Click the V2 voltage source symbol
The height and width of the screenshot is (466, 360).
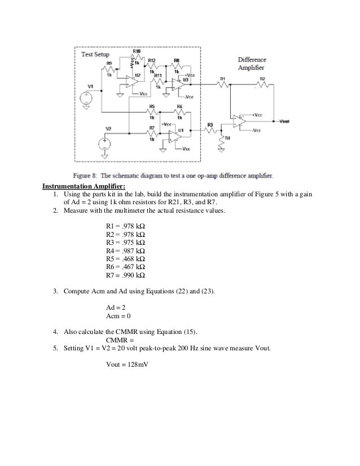105,143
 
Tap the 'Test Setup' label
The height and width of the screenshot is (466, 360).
95,54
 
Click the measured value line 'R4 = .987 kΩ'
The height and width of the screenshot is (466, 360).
125,250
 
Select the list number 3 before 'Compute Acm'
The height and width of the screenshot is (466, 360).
55,291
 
